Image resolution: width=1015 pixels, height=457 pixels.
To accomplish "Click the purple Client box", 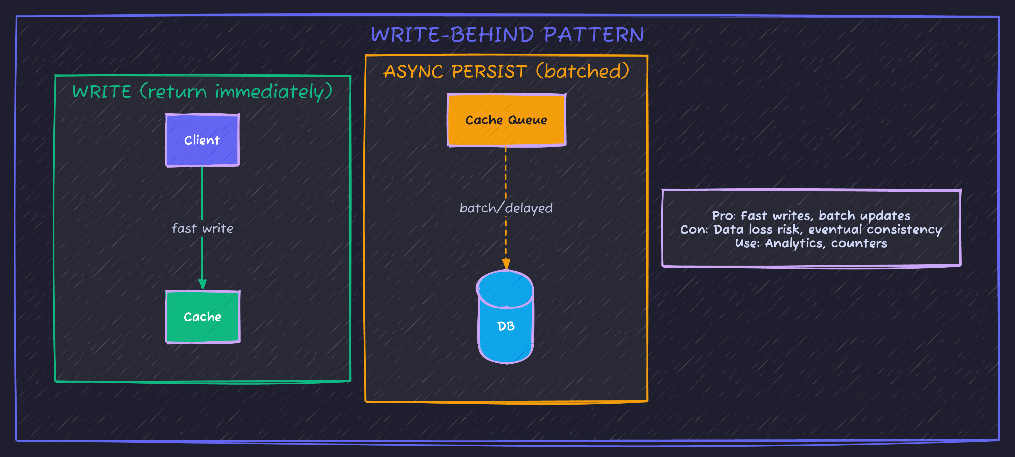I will click(x=202, y=140).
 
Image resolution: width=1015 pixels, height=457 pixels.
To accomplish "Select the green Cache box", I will click(x=202, y=317).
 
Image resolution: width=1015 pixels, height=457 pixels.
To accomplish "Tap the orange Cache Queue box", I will click(x=506, y=120).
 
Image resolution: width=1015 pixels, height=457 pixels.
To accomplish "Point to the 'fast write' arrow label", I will click(x=202, y=228).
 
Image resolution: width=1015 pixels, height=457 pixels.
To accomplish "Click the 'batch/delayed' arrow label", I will click(x=506, y=208).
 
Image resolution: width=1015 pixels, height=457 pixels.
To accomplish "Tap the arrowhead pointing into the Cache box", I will click(x=202, y=284).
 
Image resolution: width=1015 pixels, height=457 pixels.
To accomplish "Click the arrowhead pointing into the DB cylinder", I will click(x=506, y=264).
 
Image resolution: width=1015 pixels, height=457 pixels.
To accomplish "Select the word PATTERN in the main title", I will click(x=594, y=35).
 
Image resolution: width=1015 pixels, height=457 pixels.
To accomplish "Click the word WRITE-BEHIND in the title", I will click(x=452, y=35).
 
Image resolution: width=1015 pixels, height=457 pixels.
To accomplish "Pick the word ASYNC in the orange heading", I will click(x=413, y=72).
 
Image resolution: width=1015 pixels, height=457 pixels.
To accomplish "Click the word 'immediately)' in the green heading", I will click(x=273, y=92).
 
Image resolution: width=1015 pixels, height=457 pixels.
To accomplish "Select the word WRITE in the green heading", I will click(x=102, y=92).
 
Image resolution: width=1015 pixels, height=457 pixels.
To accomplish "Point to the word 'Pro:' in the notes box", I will click(x=724, y=216).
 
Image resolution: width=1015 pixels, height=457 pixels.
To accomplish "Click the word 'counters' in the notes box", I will click(x=859, y=243).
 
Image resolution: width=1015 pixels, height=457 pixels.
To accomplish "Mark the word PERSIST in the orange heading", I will click(x=489, y=72).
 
